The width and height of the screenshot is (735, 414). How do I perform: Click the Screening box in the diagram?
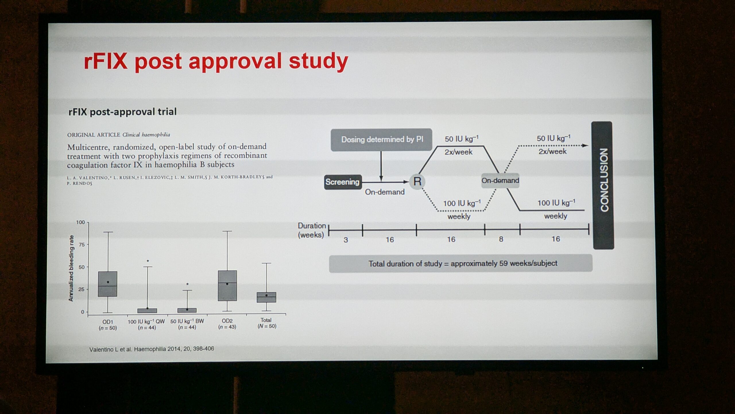coord(343,182)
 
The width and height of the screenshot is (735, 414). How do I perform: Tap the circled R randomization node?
coord(417,182)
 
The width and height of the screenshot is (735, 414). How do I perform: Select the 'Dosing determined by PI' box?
coord(381,140)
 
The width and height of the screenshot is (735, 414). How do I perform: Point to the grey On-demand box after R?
coord(500,181)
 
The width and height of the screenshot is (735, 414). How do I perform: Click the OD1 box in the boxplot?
coord(108,284)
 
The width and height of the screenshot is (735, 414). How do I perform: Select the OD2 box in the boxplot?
coord(227,285)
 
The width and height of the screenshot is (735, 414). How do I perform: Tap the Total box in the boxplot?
coord(266,297)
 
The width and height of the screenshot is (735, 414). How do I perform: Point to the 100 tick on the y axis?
coord(80,222)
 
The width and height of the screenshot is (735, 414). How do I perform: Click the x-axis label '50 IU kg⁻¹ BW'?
coord(187,321)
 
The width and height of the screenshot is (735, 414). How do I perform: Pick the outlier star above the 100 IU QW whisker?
coord(148,261)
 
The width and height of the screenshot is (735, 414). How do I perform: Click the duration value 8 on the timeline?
coord(501,239)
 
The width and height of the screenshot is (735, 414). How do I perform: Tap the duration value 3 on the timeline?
coord(346,240)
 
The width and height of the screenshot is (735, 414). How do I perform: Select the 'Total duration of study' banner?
coord(461,263)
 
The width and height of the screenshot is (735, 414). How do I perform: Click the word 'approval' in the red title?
coord(235,62)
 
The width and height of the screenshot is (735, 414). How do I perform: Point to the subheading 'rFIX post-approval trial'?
coord(123,112)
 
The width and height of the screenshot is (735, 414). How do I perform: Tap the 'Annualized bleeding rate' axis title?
coord(71,268)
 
